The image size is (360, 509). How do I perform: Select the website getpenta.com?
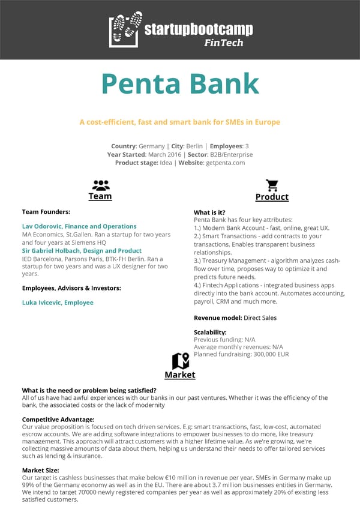[225, 163]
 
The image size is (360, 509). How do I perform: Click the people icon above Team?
[100, 185]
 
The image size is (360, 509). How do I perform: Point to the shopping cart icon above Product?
[272, 185]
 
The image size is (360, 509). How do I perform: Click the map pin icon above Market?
[180, 361]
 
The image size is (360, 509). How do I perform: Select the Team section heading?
[100, 196]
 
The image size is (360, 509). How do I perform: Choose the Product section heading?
[272, 197]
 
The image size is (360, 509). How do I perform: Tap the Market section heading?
[180, 375]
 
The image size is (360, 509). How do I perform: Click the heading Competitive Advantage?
[58, 420]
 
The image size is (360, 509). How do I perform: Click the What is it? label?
[209, 212]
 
